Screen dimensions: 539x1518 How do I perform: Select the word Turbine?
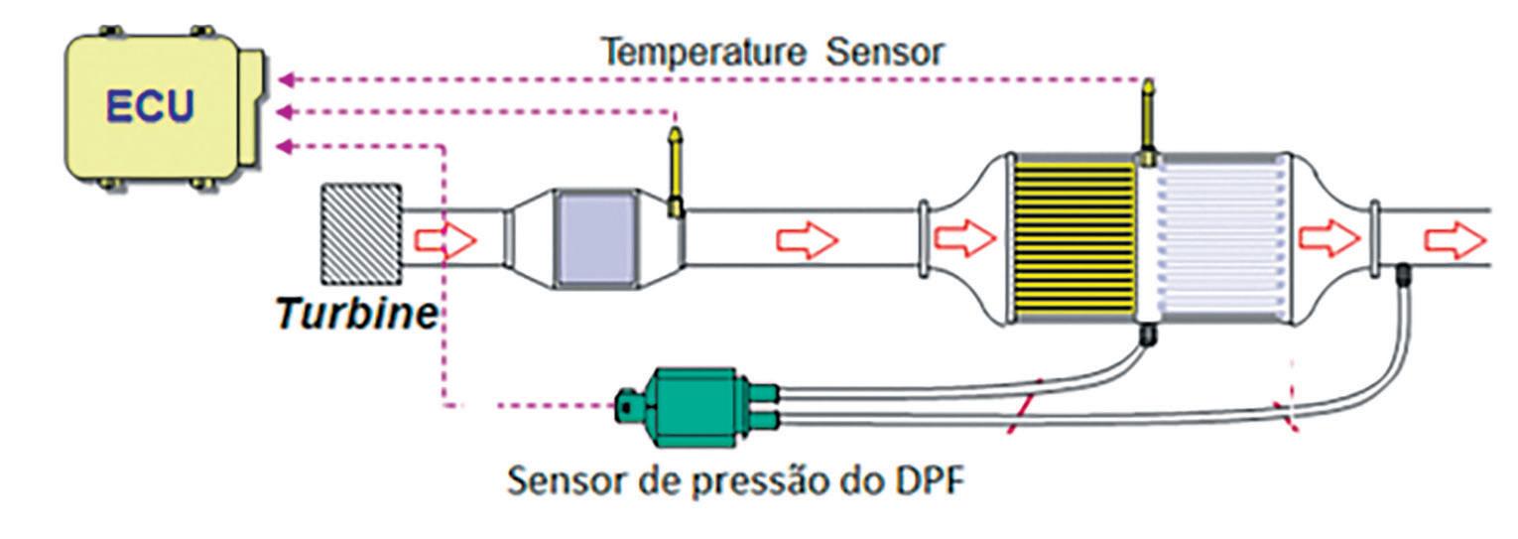356,314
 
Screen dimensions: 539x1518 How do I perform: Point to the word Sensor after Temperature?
885,54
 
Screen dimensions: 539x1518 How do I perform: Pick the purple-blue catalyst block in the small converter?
596,239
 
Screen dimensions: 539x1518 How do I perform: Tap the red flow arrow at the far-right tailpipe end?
1456,239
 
